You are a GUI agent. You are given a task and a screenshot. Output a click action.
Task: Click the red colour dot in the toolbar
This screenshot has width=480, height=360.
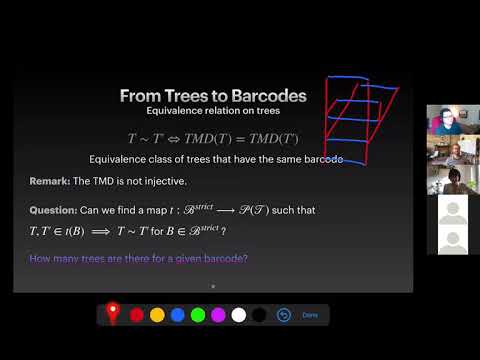[136, 315]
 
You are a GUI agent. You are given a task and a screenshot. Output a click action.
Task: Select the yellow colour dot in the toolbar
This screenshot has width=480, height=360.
[157, 315]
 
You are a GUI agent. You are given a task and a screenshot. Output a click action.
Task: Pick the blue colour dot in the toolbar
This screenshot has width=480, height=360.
[177, 315]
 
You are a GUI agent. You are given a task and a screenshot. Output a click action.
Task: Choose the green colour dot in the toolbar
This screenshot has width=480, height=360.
[198, 315]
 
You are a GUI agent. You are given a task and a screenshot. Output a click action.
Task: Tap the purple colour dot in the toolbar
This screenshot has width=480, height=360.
[218, 315]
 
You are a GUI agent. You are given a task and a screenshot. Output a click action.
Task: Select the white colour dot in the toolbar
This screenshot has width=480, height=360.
[239, 315]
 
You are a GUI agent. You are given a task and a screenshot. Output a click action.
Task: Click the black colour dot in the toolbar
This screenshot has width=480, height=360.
[259, 315]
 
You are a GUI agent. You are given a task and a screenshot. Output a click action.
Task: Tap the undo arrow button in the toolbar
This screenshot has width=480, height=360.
[283, 315]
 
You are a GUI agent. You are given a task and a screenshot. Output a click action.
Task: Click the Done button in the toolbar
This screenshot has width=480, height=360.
[310, 315]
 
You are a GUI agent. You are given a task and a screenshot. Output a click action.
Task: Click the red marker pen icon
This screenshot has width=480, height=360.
[113, 313]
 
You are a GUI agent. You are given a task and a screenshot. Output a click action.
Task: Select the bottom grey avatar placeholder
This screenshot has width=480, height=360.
[453, 241]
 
